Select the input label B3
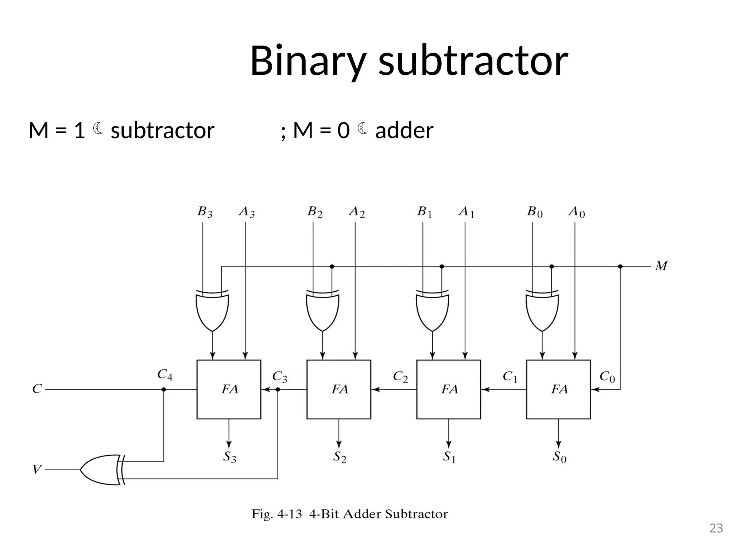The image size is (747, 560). [205, 212]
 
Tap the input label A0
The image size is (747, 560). [576, 212]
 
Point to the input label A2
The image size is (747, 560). [356, 212]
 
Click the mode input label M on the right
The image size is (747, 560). [661, 266]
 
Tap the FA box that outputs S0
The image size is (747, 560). [558, 389]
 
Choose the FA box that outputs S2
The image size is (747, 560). [338, 389]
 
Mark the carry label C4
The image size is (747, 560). [165, 375]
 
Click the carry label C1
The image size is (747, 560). [510, 377]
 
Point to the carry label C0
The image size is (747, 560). [607, 377]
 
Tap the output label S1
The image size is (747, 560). [449, 457]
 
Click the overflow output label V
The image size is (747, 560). [37, 470]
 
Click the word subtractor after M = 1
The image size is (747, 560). [162, 131]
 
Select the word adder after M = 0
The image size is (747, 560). [404, 131]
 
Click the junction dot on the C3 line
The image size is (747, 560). [278, 389]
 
